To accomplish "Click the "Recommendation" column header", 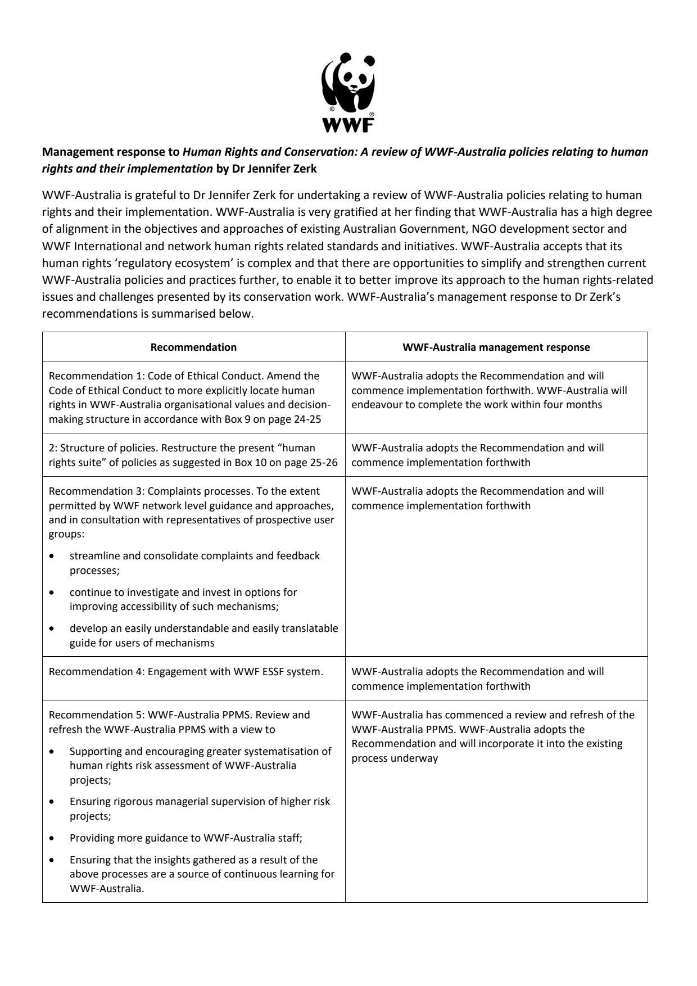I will click(x=193, y=347).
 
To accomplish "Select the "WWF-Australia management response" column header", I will click(x=496, y=347).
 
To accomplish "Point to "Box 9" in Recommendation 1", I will click(x=241, y=419).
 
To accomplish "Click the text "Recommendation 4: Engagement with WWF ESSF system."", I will click(x=186, y=672).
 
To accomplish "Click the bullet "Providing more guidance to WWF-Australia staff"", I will click(x=186, y=838).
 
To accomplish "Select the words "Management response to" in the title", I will click(x=111, y=152).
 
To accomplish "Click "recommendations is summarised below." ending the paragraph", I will click(x=148, y=314).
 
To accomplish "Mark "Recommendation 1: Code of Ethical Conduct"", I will click(x=140, y=376).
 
